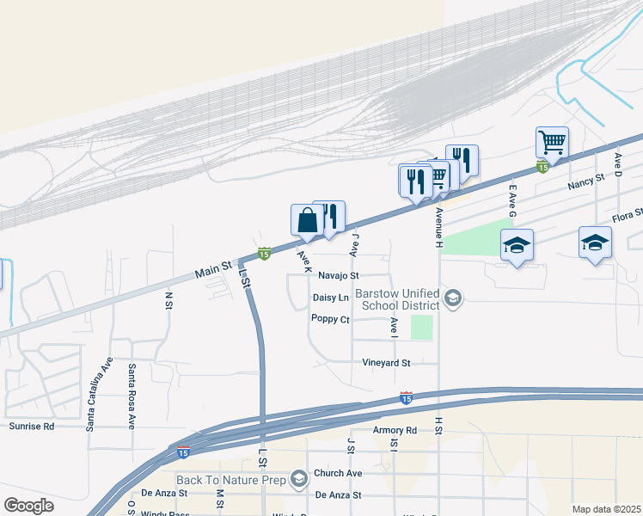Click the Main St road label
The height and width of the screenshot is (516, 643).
click(x=214, y=270)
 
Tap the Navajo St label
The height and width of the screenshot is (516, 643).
click(x=338, y=276)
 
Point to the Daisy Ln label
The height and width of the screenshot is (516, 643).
click(x=331, y=298)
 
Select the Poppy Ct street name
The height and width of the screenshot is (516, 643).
click(x=330, y=319)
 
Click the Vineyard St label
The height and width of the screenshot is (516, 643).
click(x=387, y=363)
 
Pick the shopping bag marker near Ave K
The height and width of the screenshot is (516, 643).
click(x=307, y=222)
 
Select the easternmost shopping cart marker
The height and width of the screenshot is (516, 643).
click(x=551, y=143)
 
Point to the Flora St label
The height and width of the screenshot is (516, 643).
click(x=627, y=218)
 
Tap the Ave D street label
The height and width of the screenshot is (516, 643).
click(x=618, y=163)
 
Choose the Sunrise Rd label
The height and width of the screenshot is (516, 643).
click(x=32, y=426)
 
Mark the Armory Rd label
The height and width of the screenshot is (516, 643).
click(x=395, y=430)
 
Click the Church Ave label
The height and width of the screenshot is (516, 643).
click(x=337, y=474)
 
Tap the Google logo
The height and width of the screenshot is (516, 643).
click(x=28, y=505)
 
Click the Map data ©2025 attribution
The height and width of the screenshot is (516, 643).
click(x=607, y=509)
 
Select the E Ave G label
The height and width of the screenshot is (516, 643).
click(x=513, y=195)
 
